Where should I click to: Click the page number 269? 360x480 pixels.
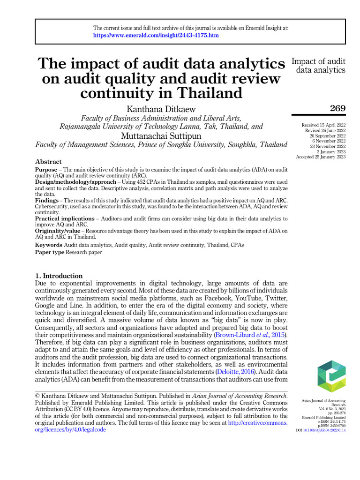click(x=337, y=109)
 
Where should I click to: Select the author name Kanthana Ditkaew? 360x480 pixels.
click(x=161, y=109)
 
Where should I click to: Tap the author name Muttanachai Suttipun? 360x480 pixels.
click(x=161, y=136)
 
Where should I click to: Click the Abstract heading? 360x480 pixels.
click(x=48, y=162)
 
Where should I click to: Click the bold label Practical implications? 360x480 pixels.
click(x=64, y=218)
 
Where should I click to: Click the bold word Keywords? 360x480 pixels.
click(x=49, y=245)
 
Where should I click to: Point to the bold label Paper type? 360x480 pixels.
click(x=50, y=252)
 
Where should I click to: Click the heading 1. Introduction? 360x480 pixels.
click(x=59, y=276)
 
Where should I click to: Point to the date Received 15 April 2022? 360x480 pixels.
click(x=323, y=125)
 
